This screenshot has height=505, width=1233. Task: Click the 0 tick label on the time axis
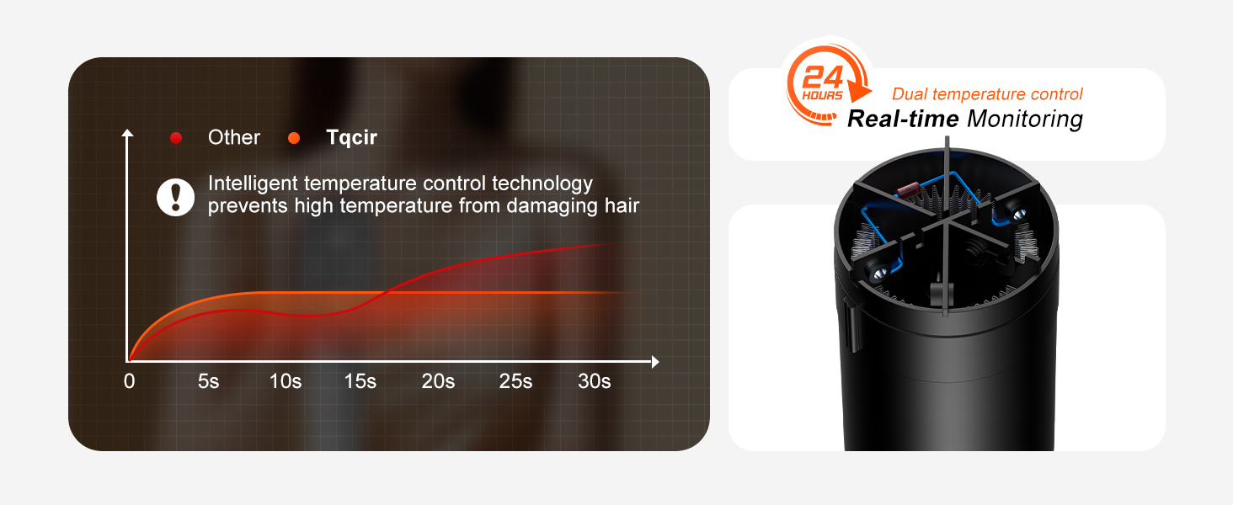pyautogui.click(x=129, y=381)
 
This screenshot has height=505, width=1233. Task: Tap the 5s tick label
pyautogui.click(x=209, y=381)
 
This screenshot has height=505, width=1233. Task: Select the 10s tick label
pyautogui.click(x=286, y=381)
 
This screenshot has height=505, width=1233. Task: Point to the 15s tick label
pyautogui.click(x=360, y=381)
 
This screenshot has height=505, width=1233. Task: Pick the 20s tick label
pyautogui.click(x=438, y=381)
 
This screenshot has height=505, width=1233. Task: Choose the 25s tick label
pyautogui.click(x=515, y=381)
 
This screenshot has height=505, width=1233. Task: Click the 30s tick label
pyautogui.click(x=594, y=381)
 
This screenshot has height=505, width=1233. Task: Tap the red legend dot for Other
pyautogui.click(x=176, y=138)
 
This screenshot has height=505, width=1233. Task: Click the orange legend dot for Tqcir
pyautogui.click(x=294, y=138)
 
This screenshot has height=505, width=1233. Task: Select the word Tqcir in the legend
pyautogui.click(x=351, y=137)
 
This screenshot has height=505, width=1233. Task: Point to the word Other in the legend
pyautogui.click(x=234, y=137)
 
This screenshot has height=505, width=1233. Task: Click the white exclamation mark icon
pyautogui.click(x=175, y=196)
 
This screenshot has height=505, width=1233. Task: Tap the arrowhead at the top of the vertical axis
pyautogui.click(x=128, y=133)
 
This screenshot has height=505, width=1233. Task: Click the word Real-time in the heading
pyautogui.click(x=902, y=119)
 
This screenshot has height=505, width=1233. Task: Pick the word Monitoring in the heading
pyautogui.click(x=1024, y=119)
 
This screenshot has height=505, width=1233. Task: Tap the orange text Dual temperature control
pyautogui.click(x=987, y=94)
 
